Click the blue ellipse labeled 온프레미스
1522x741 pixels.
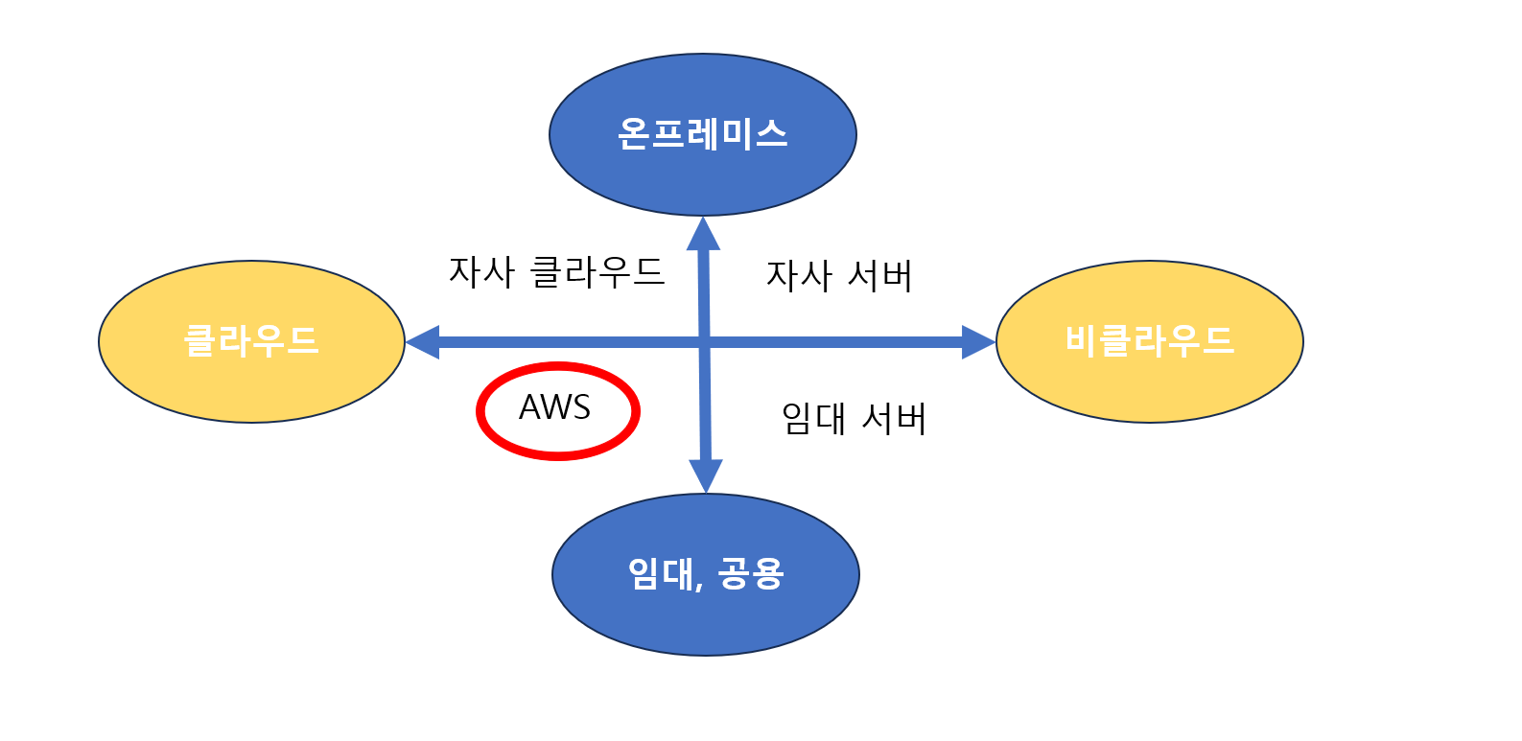point(702,134)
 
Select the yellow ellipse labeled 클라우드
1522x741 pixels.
point(251,341)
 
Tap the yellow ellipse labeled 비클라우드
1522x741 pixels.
point(1149,341)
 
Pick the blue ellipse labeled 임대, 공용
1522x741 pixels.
point(705,574)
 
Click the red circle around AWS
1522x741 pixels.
point(557,365)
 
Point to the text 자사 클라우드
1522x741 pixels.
point(556,272)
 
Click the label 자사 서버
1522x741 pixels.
point(839,276)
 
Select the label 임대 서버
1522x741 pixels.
point(854,419)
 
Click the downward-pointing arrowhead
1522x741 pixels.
point(706,475)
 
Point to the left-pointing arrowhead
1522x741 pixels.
point(422,341)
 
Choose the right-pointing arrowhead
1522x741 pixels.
point(978,341)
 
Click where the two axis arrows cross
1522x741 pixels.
point(705,341)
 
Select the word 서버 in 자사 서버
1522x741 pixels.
point(880,276)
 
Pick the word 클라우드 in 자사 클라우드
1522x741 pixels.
point(597,272)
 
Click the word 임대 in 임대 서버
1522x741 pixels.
point(813,419)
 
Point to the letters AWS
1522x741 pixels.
point(554,407)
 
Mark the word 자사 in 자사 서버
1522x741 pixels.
point(799,276)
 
